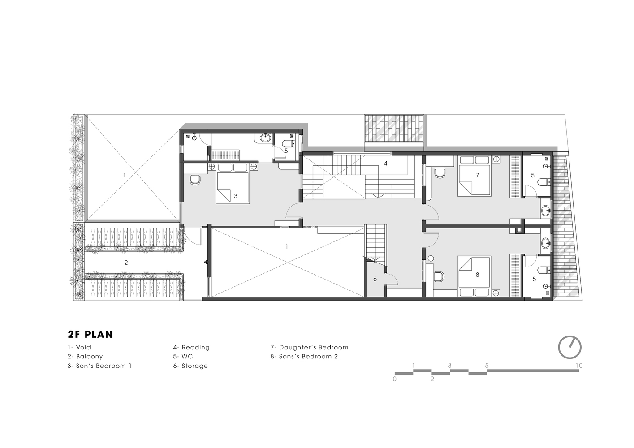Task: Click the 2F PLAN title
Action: click(90, 334)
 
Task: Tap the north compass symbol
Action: click(569, 347)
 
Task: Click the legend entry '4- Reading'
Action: click(191, 347)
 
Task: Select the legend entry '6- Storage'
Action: click(190, 366)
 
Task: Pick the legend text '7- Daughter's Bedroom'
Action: click(309, 347)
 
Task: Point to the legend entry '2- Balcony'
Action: click(85, 356)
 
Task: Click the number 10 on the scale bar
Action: click(579, 366)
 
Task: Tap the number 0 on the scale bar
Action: click(395, 379)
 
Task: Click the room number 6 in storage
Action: click(375, 279)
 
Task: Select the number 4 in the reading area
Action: click(385, 163)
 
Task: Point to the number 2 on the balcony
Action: click(126, 263)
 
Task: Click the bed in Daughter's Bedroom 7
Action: click(474, 176)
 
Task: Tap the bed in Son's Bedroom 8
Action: click(474, 276)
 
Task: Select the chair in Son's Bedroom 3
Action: click(195, 180)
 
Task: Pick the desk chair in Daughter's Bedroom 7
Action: click(440, 173)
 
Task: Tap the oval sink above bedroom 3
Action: click(265, 138)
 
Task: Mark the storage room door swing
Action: click(392, 279)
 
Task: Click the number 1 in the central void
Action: click(287, 247)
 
